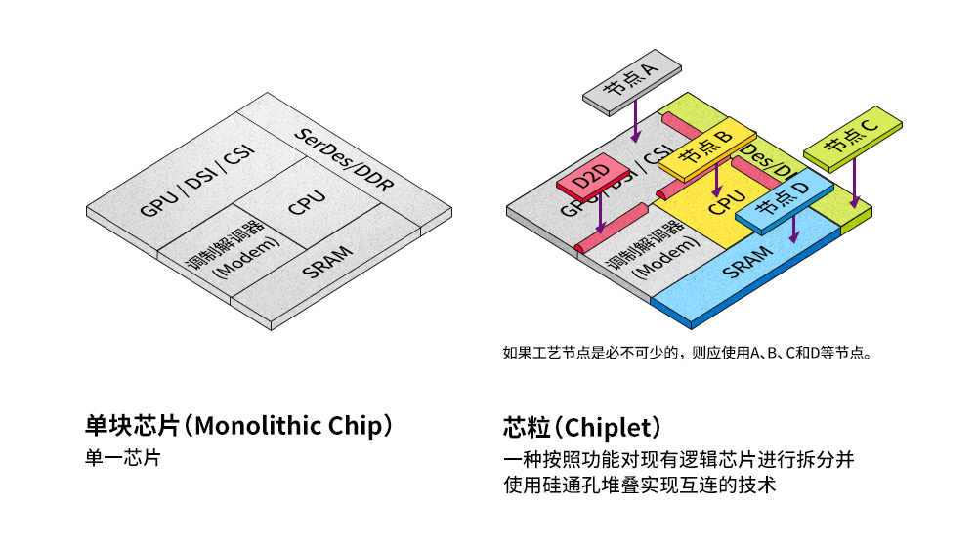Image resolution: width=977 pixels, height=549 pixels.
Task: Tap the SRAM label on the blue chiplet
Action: (747, 261)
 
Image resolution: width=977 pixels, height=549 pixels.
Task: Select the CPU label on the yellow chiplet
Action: (727, 203)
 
